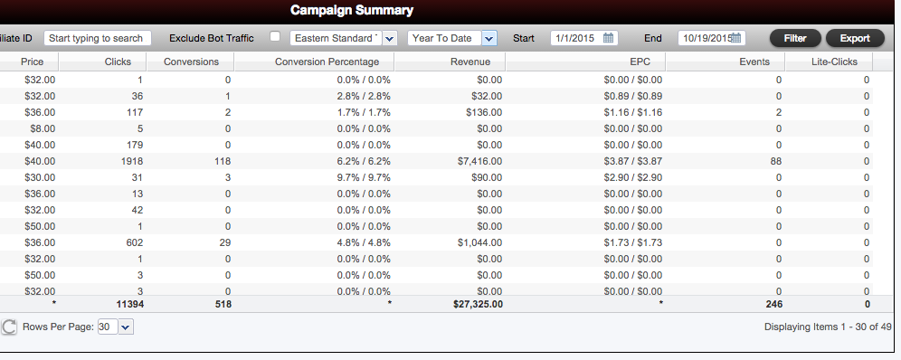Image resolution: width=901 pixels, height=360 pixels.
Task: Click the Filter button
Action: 795,39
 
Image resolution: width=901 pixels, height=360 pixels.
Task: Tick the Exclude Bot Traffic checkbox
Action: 275,36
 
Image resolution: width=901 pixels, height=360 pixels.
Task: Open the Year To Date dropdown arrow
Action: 489,39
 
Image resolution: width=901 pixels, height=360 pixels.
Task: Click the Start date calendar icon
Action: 609,39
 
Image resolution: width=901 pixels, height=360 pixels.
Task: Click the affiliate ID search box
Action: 97,39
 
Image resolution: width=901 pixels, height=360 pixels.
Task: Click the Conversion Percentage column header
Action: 327,62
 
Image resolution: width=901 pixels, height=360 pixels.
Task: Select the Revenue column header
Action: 470,62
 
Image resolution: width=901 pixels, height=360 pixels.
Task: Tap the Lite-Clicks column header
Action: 834,62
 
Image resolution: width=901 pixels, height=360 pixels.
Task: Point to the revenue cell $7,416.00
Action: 479,161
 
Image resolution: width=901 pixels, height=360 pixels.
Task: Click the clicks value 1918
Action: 131,161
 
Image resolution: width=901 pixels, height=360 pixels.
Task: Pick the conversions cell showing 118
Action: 223,161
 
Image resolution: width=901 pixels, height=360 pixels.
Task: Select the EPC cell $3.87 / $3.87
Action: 632,161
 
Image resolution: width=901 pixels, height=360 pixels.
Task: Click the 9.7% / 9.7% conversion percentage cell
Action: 364,177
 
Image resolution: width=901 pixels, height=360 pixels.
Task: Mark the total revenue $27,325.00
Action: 478,304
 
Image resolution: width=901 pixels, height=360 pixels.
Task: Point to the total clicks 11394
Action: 129,304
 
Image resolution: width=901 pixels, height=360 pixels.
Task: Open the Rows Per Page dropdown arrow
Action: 126,327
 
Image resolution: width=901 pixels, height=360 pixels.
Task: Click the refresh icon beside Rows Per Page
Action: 9,327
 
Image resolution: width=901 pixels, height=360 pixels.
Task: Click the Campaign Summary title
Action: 352,10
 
